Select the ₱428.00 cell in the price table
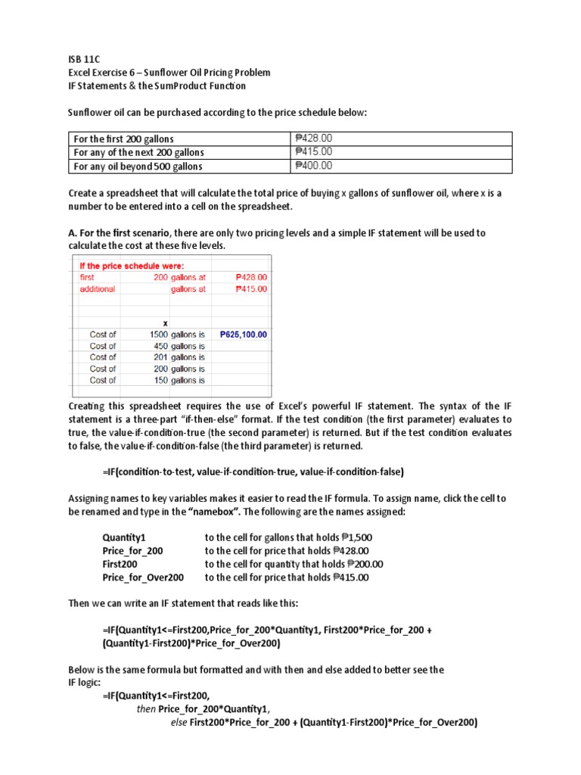click(x=314, y=139)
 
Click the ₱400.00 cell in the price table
click(x=314, y=165)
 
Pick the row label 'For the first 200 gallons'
click(x=123, y=139)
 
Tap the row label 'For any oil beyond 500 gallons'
click(x=138, y=167)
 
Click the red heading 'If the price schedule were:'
click(x=132, y=266)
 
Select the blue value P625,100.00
click(x=243, y=334)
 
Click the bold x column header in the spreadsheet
click(x=165, y=322)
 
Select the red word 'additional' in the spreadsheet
click(x=98, y=289)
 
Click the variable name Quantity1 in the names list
click(x=123, y=537)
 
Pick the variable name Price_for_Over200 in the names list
click(x=143, y=577)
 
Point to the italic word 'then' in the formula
click(x=145, y=709)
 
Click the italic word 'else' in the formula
click(x=179, y=723)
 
